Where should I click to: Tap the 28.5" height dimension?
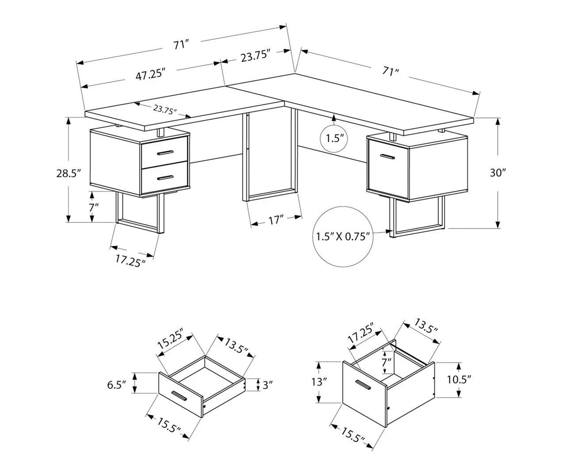click(x=69, y=173)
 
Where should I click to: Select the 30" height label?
click(x=497, y=173)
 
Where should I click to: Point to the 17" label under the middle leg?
click(x=276, y=220)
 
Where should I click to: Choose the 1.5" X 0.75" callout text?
click(x=343, y=237)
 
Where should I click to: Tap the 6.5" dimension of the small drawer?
click(x=117, y=384)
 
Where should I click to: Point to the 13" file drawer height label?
click(x=318, y=382)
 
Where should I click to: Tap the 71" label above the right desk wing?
click(x=391, y=71)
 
